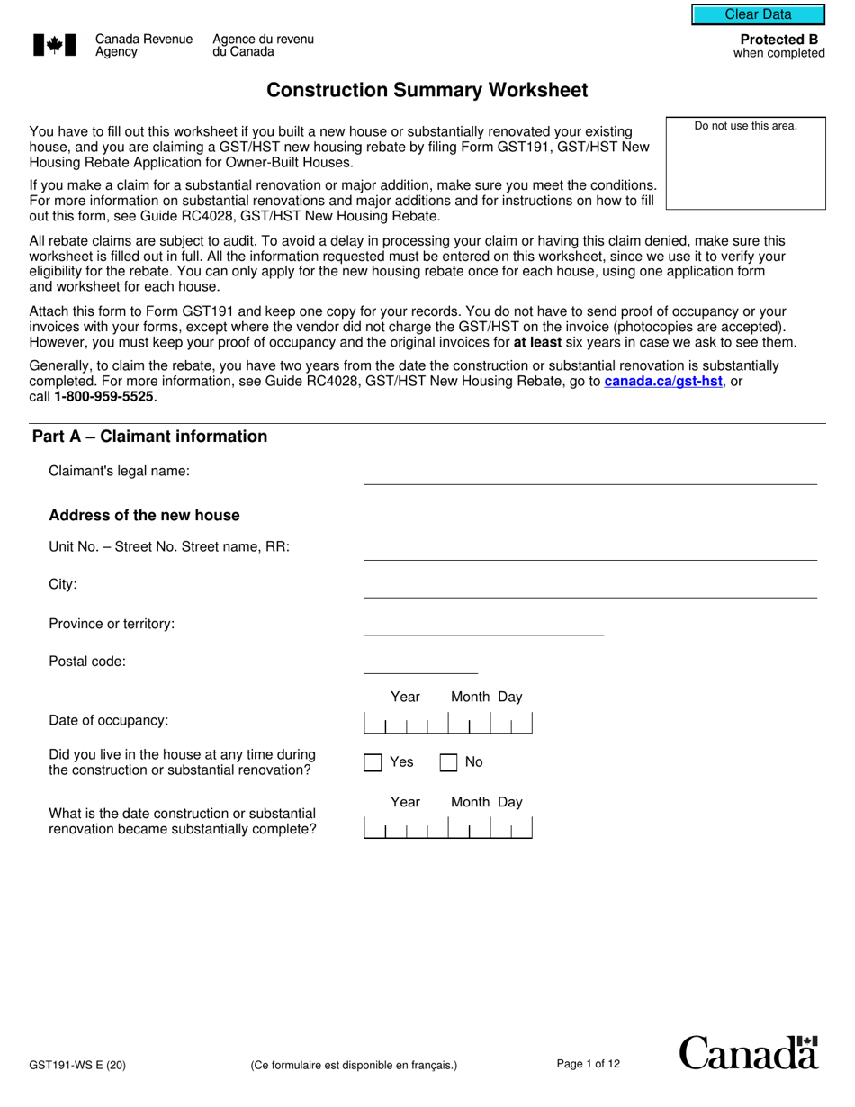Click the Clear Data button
tap(758, 14)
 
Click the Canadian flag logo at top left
tap(53, 46)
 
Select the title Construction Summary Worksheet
tap(427, 90)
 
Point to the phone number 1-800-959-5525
tap(103, 397)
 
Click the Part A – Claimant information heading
tap(150, 436)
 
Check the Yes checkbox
tap(373, 762)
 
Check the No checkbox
tap(448, 762)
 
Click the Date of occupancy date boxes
tap(447, 724)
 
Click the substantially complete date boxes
tap(447, 828)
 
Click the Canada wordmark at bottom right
tap(748, 1053)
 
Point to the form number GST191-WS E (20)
tap(77, 1066)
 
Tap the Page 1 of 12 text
tap(589, 1065)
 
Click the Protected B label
tap(778, 40)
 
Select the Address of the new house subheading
tap(144, 516)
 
